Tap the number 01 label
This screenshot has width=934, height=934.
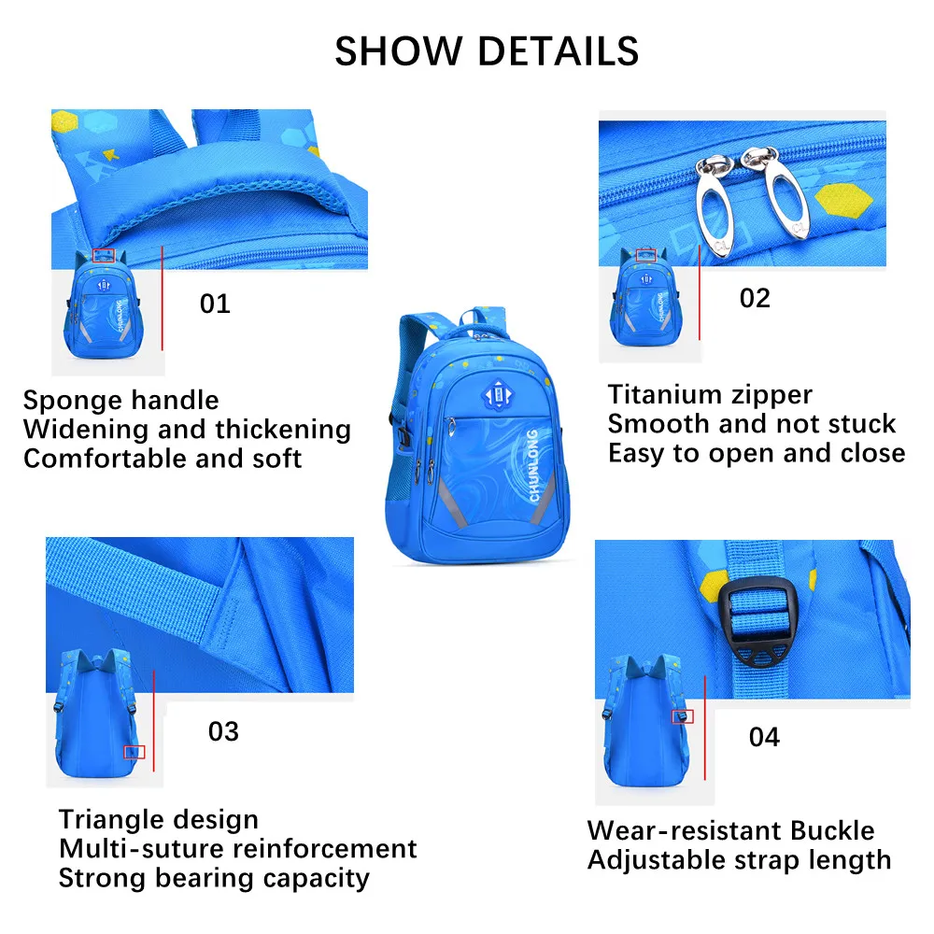[x=215, y=304]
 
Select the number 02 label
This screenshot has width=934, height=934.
[x=755, y=298]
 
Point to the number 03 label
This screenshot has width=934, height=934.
[x=223, y=731]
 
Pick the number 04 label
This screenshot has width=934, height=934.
[x=764, y=738]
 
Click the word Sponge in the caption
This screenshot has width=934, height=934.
[x=73, y=402]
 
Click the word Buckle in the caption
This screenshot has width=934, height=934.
[x=832, y=830]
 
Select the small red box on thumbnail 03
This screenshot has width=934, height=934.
[x=134, y=752]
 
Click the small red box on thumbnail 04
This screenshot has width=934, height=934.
[x=684, y=716]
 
